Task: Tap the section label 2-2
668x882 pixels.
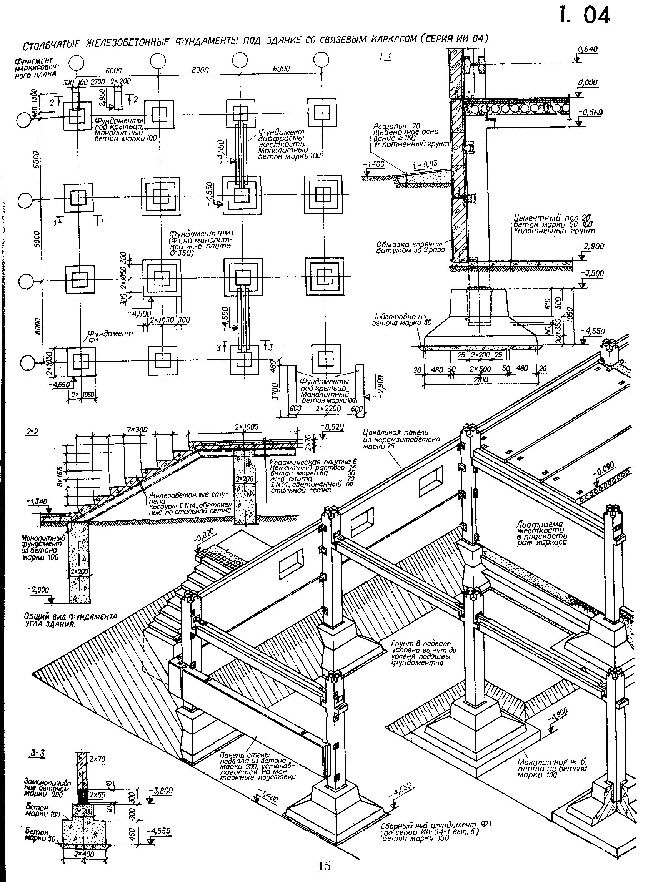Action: pyautogui.click(x=32, y=432)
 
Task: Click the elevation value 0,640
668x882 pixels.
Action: pyautogui.click(x=587, y=50)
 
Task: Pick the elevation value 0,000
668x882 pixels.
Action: pyautogui.click(x=588, y=83)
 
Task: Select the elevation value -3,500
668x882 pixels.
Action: pyautogui.click(x=593, y=274)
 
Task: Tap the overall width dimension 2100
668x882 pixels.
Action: pyautogui.click(x=480, y=380)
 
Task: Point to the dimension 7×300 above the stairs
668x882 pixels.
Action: pyautogui.click(x=138, y=429)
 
